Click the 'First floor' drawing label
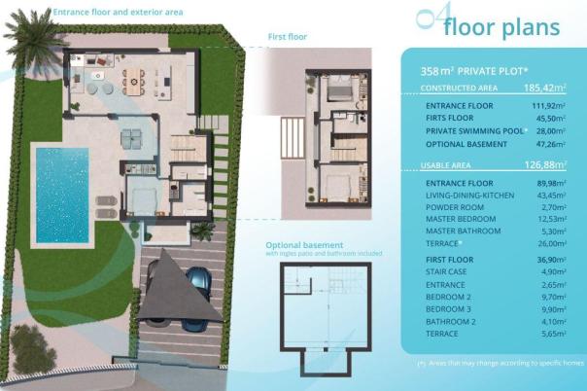(x=288, y=38)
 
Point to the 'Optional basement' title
(x=303, y=245)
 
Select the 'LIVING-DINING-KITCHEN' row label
(x=471, y=195)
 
